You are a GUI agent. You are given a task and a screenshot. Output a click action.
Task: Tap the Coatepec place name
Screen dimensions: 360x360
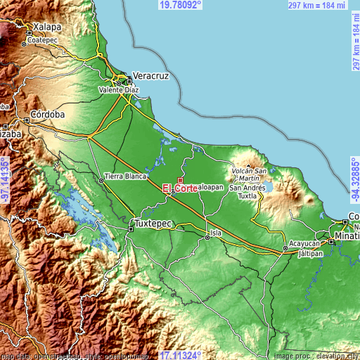point(42,41)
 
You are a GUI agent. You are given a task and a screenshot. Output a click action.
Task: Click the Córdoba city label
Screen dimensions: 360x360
point(48,114)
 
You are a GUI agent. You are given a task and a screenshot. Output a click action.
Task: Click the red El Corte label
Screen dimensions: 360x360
point(180,188)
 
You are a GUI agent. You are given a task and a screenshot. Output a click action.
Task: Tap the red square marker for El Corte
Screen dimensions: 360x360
point(180,181)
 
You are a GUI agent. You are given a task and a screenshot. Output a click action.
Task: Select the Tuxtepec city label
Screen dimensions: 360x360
point(153,223)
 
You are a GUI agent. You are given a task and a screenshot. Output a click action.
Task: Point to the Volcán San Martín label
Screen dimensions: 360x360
point(250,175)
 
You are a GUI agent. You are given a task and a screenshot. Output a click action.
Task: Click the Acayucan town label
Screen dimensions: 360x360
point(304,241)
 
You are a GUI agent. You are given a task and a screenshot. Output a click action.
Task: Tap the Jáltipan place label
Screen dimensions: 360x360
point(310,252)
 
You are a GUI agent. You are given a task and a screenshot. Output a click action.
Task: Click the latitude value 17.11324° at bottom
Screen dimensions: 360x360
point(181,354)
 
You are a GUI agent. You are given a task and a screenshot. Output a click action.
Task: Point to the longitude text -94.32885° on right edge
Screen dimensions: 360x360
point(354,180)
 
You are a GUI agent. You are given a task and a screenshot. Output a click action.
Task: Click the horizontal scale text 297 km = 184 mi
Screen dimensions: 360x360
point(316,5)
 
